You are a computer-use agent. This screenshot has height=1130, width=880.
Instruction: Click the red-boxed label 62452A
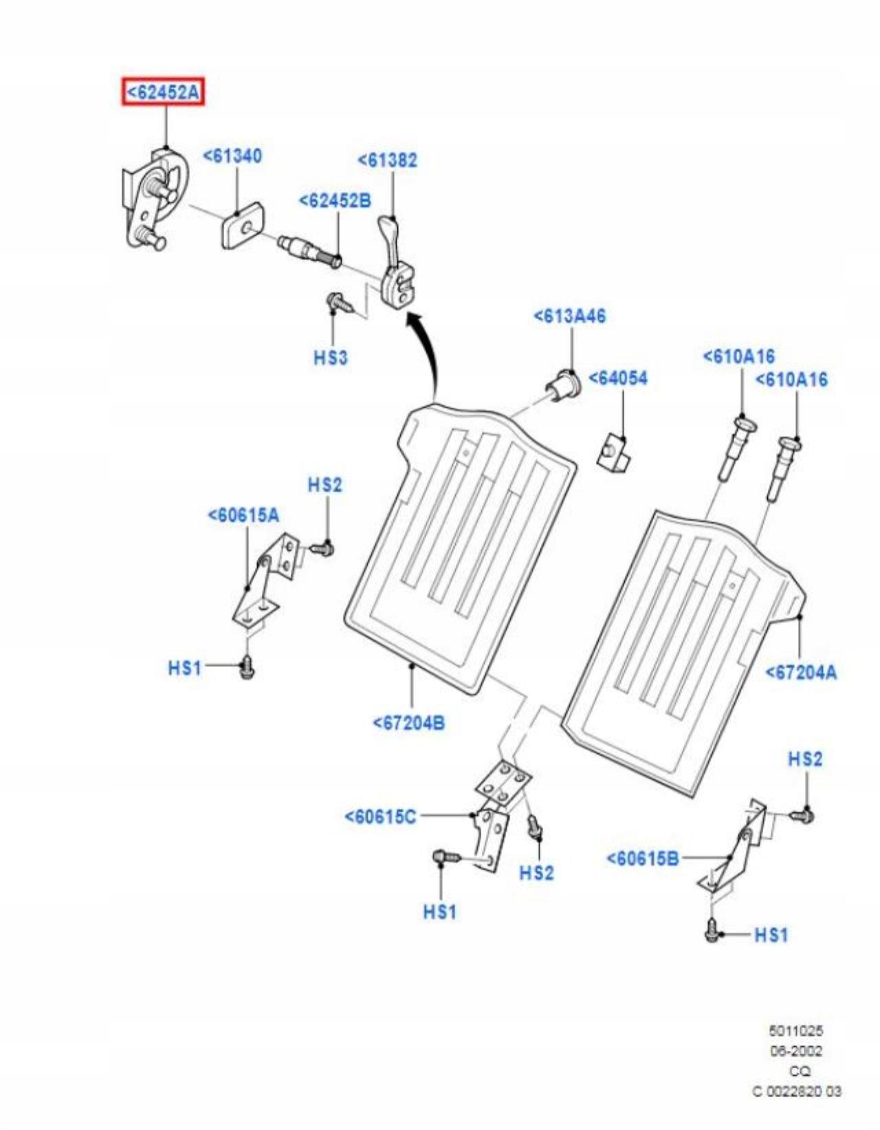click(164, 91)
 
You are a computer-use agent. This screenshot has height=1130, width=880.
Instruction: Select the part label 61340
click(232, 156)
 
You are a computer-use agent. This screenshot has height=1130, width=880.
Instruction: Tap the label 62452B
click(335, 201)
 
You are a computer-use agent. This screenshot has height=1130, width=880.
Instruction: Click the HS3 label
click(331, 358)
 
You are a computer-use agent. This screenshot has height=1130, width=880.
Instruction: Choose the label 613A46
click(570, 316)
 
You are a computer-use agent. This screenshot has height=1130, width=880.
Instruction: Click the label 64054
click(618, 379)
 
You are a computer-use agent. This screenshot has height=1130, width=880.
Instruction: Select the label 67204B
click(409, 723)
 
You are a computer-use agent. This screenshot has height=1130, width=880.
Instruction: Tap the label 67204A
click(802, 672)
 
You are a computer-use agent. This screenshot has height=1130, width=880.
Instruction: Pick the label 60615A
click(244, 515)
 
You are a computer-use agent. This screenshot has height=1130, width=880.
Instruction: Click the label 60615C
click(380, 816)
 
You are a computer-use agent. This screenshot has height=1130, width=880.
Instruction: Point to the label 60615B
click(643, 858)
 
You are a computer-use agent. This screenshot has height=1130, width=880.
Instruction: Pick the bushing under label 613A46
click(564, 385)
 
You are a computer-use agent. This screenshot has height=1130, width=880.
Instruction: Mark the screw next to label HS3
click(338, 301)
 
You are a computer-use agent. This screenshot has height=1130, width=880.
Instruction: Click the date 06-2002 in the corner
click(795, 1051)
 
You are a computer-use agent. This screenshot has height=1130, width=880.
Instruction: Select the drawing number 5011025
click(795, 1031)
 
